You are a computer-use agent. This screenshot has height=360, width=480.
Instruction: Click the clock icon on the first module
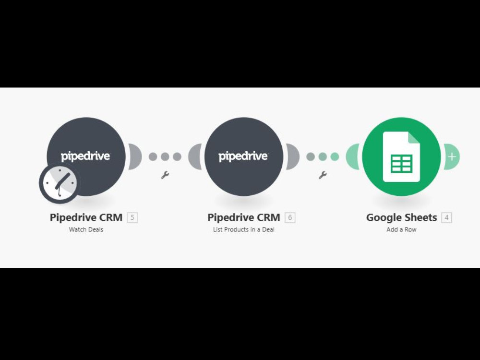(x=60, y=183)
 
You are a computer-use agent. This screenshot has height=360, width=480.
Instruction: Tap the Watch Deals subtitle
(x=86, y=229)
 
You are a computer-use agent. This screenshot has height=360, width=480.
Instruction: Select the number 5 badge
(x=132, y=217)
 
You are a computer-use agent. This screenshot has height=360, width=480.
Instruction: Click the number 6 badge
(x=290, y=217)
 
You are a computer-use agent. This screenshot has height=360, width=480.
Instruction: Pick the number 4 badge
(x=446, y=217)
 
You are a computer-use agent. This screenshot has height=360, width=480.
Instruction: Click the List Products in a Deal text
(x=244, y=229)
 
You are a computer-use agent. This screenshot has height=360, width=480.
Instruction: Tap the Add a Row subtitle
(x=401, y=229)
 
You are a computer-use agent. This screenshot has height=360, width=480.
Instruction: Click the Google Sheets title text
(x=401, y=217)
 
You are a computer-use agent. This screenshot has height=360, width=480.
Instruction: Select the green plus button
(x=452, y=157)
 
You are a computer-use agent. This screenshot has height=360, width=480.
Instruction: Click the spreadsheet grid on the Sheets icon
(x=401, y=164)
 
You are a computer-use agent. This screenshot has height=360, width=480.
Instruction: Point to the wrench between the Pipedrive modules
(x=165, y=175)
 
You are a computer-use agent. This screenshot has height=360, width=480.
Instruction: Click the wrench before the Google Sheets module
(x=323, y=175)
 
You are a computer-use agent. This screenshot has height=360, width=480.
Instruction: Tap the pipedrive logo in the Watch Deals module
(x=85, y=156)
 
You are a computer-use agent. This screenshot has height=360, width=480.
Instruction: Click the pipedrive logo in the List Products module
(x=243, y=156)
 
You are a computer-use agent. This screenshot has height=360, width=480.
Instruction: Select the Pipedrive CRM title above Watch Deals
(x=86, y=217)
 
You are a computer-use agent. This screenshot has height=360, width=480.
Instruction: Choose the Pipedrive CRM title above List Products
(x=244, y=217)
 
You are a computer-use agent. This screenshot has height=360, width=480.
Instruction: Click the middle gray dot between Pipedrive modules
(x=165, y=157)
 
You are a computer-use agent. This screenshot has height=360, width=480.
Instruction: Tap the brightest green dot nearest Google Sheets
(x=335, y=157)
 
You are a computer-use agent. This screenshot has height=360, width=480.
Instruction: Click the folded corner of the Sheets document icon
(x=414, y=137)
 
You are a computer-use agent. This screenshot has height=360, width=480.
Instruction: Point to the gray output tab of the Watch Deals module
(x=135, y=157)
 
